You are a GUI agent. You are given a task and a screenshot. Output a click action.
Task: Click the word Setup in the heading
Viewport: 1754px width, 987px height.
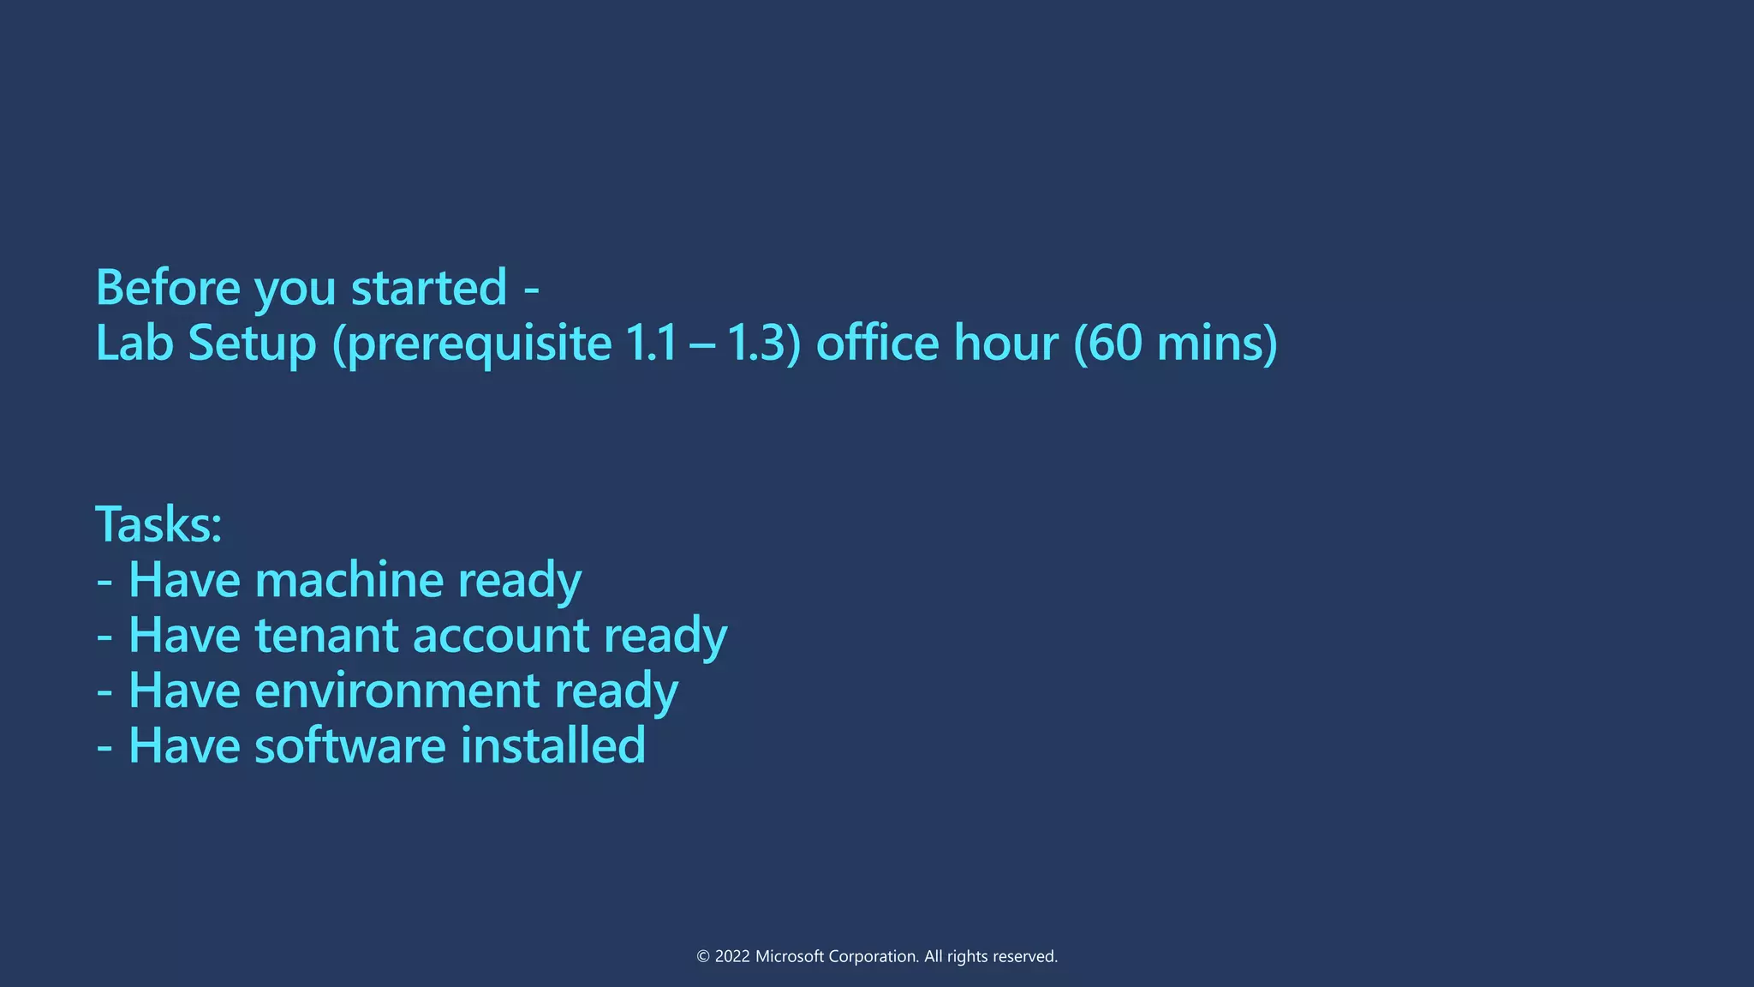click(252, 344)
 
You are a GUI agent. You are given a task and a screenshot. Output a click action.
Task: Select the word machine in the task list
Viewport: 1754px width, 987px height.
click(349, 580)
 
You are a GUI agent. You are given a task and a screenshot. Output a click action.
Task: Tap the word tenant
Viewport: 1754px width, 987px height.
click(326, 636)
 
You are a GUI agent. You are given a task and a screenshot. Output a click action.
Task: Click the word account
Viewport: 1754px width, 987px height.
click(501, 636)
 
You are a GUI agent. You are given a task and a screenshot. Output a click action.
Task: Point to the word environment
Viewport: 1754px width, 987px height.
click(397, 691)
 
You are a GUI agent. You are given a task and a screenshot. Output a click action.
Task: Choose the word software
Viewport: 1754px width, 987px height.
click(349, 745)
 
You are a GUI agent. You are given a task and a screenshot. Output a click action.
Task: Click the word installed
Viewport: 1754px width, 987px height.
click(552, 745)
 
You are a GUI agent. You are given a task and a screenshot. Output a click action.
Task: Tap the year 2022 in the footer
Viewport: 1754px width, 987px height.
click(731, 956)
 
